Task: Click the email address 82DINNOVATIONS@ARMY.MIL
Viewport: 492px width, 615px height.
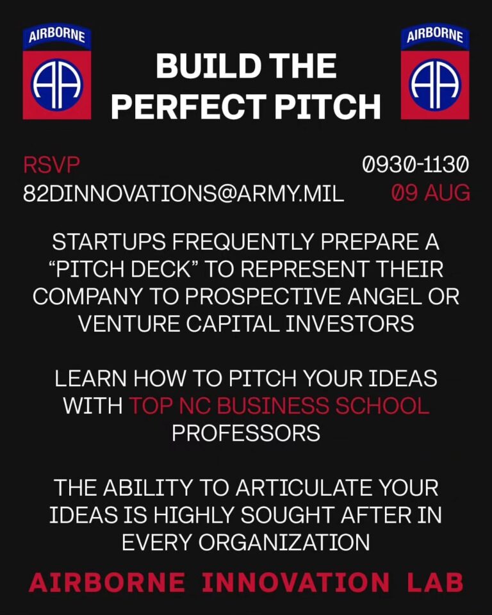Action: point(183,193)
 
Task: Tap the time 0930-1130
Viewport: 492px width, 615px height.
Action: point(415,165)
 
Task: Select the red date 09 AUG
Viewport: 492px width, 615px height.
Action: point(430,193)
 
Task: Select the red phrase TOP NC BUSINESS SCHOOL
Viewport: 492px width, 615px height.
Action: point(279,406)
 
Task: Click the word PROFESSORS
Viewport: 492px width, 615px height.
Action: point(246,433)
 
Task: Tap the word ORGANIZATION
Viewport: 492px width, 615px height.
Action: point(284,542)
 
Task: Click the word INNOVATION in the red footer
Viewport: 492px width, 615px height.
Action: point(295,582)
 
